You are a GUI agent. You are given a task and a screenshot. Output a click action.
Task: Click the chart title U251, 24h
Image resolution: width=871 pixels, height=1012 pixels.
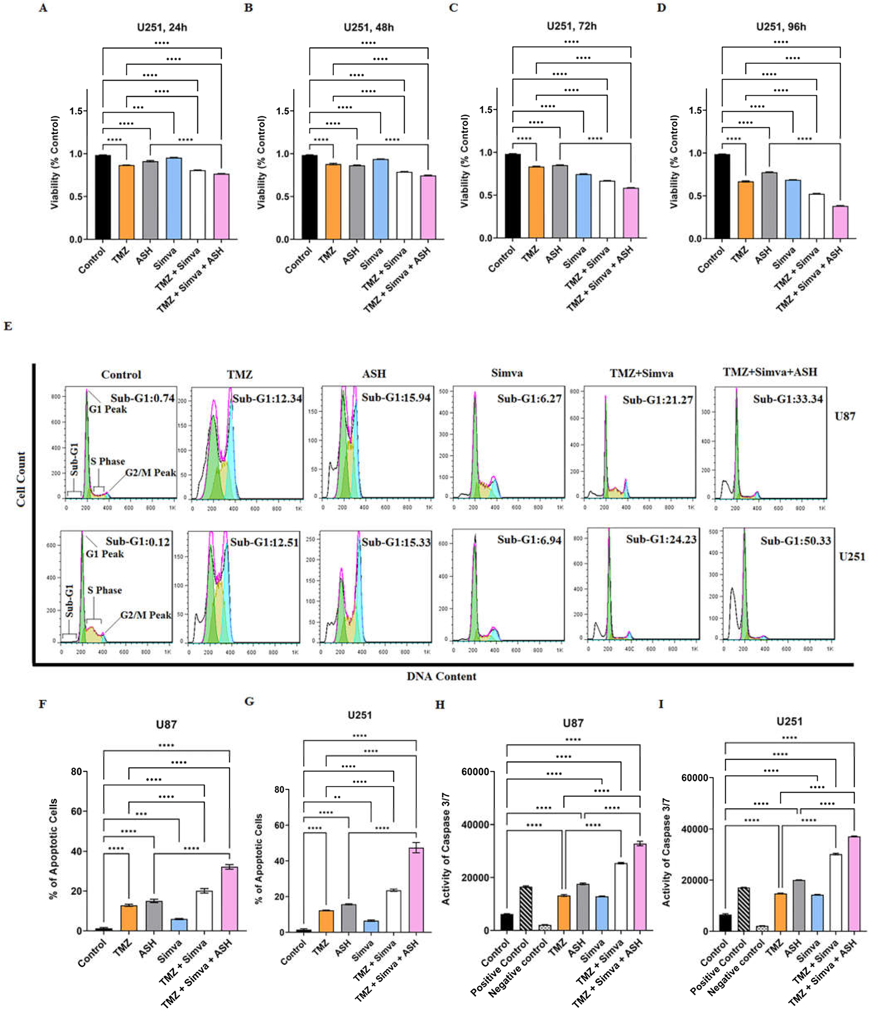click(x=162, y=27)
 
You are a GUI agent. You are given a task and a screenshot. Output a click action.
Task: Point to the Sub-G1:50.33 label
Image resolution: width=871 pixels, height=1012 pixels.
click(x=795, y=541)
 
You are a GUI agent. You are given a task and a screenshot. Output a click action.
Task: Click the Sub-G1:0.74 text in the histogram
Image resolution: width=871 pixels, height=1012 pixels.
click(x=142, y=398)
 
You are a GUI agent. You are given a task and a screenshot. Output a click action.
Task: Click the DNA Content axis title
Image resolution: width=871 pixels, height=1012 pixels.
click(x=441, y=676)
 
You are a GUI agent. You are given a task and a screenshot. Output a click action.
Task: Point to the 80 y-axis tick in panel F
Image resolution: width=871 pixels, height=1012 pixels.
click(x=77, y=772)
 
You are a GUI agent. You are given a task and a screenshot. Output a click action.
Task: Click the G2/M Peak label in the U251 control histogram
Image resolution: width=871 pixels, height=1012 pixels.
click(x=146, y=615)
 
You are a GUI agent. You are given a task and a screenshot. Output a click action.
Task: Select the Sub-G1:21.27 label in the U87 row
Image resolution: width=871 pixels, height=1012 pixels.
click(x=657, y=400)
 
